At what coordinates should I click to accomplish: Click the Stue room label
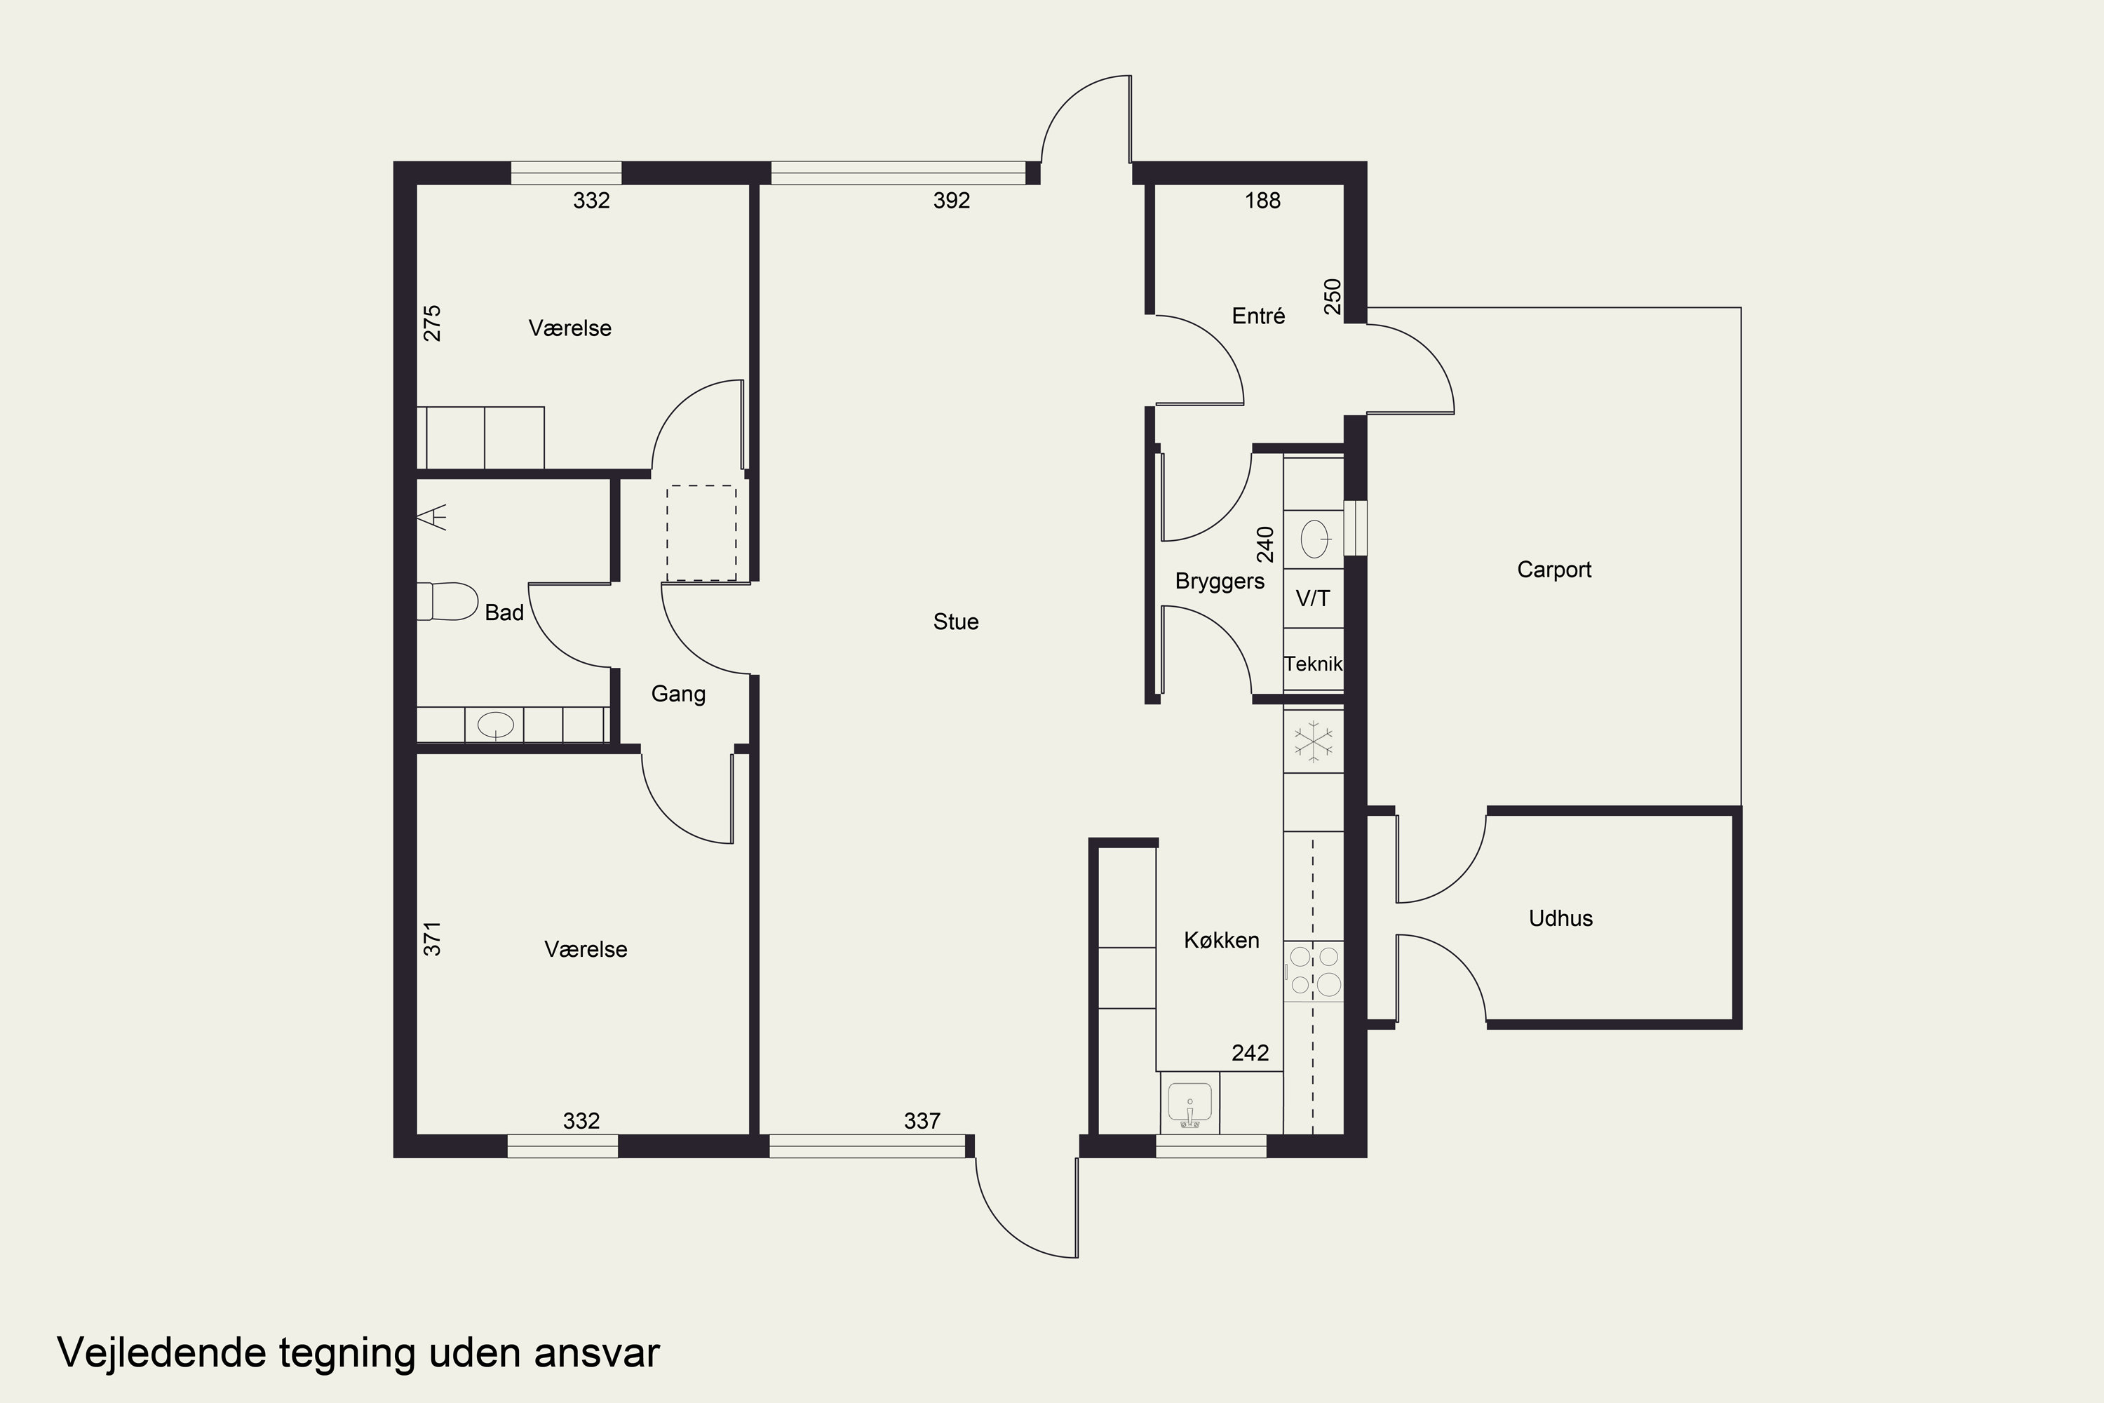pyautogui.click(x=955, y=622)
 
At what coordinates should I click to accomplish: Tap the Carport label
pyautogui.click(x=1554, y=570)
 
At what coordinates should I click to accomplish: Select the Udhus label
pyautogui.click(x=1560, y=918)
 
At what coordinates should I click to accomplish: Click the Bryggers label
pyautogui.click(x=1220, y=582)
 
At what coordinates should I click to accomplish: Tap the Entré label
pyautogui.click(x=1257, y=316)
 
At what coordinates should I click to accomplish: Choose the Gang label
pyautogui.click(x=678, y=694)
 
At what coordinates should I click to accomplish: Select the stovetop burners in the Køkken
pyautogui.click(x=1313, y=972)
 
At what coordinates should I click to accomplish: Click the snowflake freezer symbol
pyautogui.click(x=1313, y=741)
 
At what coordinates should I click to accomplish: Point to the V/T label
pyautogui.click(x=1312, y=598)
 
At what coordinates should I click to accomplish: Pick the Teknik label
pyautogui.click(x=1313, y=664)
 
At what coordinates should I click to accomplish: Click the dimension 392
pyautogui.click(x=951, y=201)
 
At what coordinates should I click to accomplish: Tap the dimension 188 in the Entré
pyautogui.click(x=1262, y=201)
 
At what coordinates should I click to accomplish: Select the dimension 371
pyautogui.click(x=432, y=939)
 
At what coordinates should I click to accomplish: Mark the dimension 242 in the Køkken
pyautogui.click(x=1250, y=1053)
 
